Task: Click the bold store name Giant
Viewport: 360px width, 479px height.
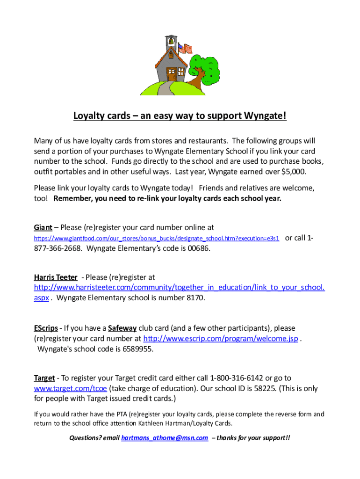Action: (x=43, y=227)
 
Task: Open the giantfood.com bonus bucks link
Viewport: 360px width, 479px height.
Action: (x=157, y=239)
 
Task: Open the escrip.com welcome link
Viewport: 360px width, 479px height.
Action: (x=221, y=338)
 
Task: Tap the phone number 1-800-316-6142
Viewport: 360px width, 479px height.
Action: (x=237, y=377)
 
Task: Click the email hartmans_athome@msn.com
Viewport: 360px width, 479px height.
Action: (x=165, y=438)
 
